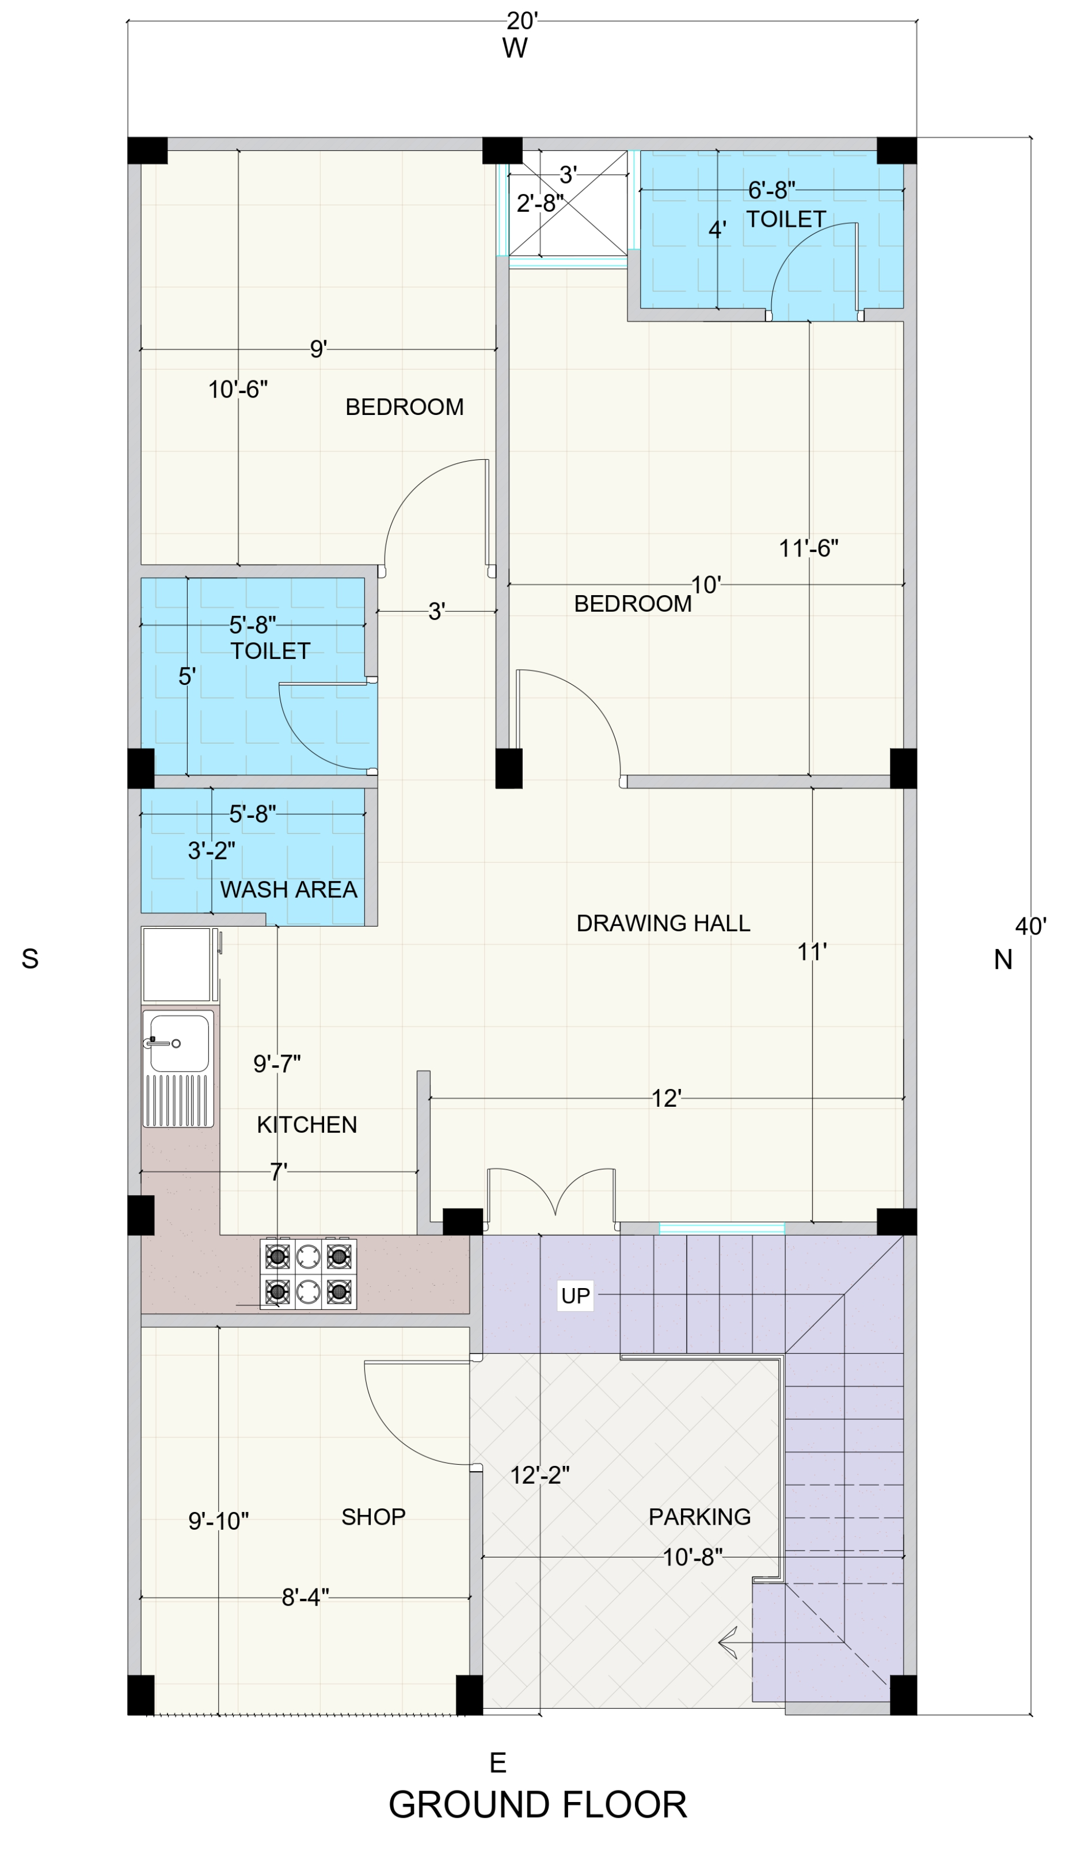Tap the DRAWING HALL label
coord(663,923)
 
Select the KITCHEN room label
coord(307,1124)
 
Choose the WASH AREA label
coord(288,890)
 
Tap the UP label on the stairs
coord(576,1296)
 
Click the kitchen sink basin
coord(179,1043)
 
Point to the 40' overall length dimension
coord(1031,926)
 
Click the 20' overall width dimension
coord(522,21)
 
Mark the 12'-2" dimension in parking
coord(540,1475)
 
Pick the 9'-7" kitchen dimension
coord(277,1063)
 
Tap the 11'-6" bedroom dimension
coord(809,548)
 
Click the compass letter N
coord(1003,959)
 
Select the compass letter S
coord(29,958)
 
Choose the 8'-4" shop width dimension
coord(306,1597)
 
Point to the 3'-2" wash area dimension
coord(212,851)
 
